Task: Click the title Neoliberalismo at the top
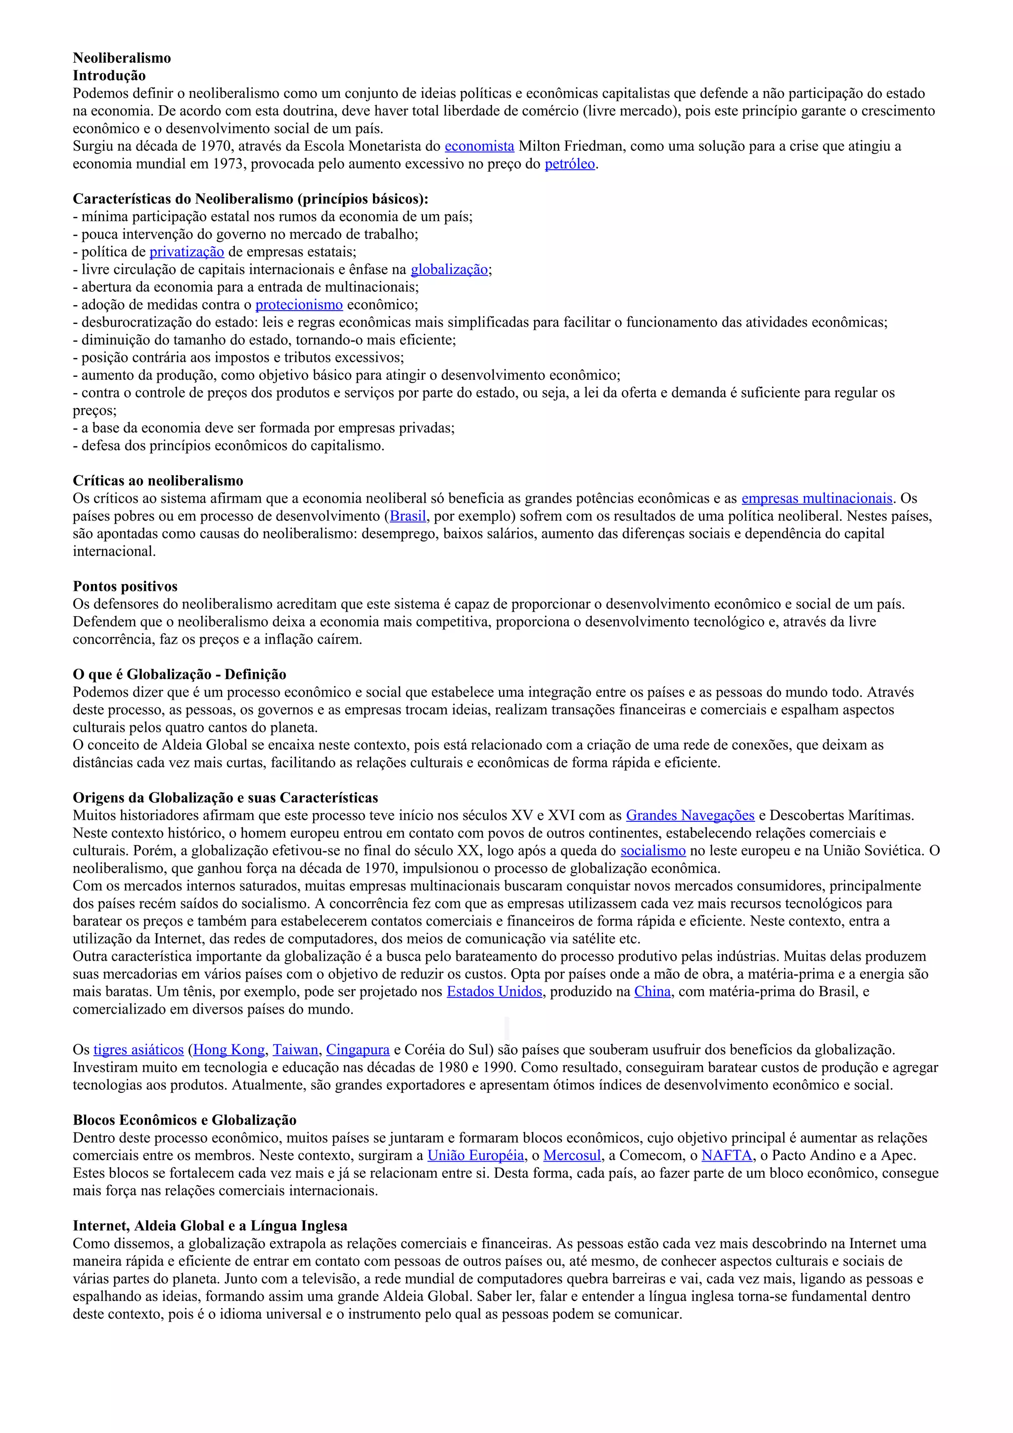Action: click(x=122, y=58)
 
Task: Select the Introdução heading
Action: click(x=109, y=76)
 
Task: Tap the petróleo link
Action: click(x=570, y=164)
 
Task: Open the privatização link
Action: click(x=186, y=252)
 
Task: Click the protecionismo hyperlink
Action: click(x=299, y=305)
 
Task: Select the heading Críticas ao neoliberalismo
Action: click(x=158, y=481)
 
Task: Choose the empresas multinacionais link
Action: click(x=817, y=498)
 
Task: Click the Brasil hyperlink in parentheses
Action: click(x=408, y=516)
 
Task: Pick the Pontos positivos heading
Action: click(x=125, y=586)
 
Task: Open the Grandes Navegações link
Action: click(x=691, y=815)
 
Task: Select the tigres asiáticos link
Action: click(x=138, y=1050)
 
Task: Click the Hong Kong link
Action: click(x=229, y=1050)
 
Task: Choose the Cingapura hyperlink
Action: click(x=358, y=1050)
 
